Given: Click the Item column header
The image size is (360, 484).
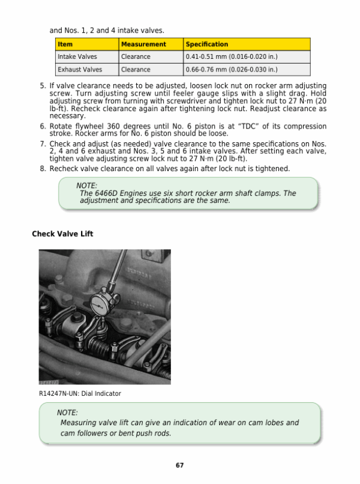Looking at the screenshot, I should tap(65, 44).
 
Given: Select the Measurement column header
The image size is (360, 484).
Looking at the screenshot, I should tap(143, 44).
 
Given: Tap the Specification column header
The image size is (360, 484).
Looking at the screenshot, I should tap(207, 44).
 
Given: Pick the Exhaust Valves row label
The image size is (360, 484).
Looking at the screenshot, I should tap(80, 70).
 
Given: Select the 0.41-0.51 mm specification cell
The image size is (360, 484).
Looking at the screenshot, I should tap(232, 57).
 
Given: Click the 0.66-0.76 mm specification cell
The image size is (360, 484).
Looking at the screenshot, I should tap(232, 70).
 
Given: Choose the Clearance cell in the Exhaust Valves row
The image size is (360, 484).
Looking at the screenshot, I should tap(136, 70).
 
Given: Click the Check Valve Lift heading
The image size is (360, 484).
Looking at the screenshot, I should tap(62, 234).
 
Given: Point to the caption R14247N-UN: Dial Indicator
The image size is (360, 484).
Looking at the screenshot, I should tap(79, 393).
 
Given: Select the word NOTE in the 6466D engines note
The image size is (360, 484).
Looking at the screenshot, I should tap(87, 186).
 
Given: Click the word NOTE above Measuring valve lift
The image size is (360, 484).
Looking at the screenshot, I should tap(67, 413).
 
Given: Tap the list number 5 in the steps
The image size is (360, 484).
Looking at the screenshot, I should tap(43, 86).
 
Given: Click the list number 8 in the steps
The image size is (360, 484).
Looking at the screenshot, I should tap(43, 169).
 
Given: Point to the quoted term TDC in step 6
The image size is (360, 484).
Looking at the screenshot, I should tap(250, 127).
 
